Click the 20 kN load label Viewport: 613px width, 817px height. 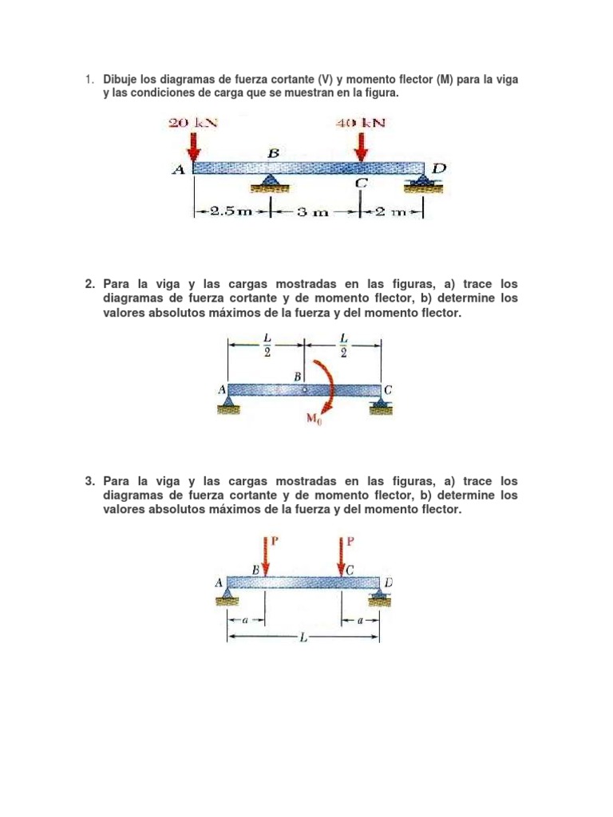(x=192, y=123)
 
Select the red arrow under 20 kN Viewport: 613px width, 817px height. (x=193, y=145)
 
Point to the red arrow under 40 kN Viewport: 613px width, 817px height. (x=362, y=145)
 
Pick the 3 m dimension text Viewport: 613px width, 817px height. (x=314, y=212)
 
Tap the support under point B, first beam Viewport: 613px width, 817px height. (x=271, y=184)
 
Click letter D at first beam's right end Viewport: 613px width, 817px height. (x=439, y=168)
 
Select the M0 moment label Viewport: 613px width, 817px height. (x=314, y=418)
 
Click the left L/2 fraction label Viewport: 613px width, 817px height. (x=267, y=345)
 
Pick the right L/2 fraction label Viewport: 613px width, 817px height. (x=342, y=345)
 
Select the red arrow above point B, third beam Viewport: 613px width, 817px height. (x=266, y=556)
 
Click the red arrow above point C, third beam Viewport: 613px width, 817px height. (x=342, y=556)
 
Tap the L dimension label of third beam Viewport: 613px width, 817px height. (x=304, y=637)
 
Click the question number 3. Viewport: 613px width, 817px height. (x=89, y=481)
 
